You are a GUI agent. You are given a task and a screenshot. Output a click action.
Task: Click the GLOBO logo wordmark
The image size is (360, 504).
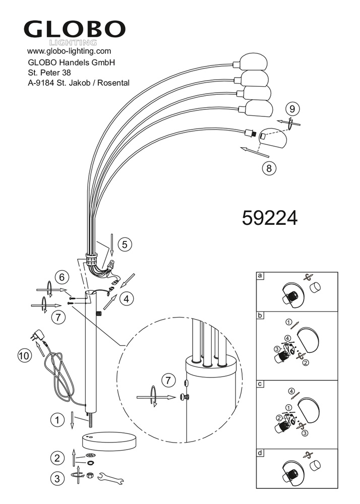[74, 30]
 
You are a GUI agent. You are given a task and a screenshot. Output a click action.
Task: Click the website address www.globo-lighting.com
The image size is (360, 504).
[69, 51]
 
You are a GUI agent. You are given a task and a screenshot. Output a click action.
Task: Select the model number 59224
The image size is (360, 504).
[270, 219]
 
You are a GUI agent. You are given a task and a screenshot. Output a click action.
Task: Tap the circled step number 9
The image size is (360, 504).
[292, 109]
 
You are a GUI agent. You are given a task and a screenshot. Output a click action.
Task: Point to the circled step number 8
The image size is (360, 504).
[269, 168]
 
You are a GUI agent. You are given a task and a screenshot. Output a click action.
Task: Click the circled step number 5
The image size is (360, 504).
[125, 244]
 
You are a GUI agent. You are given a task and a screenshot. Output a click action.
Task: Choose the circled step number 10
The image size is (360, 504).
[25, 356]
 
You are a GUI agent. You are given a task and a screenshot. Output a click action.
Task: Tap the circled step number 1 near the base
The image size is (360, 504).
[57, 420]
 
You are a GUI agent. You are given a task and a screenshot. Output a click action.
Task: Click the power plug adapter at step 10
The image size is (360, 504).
[36, 335]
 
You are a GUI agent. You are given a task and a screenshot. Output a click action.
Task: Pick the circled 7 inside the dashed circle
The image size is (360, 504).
[168, 381]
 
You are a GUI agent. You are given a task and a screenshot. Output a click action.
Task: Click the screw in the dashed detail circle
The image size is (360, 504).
[185, 397]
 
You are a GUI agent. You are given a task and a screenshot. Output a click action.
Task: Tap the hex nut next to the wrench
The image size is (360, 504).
[90, 475]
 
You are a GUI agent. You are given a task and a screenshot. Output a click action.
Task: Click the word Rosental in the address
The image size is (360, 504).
[113, 83]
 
